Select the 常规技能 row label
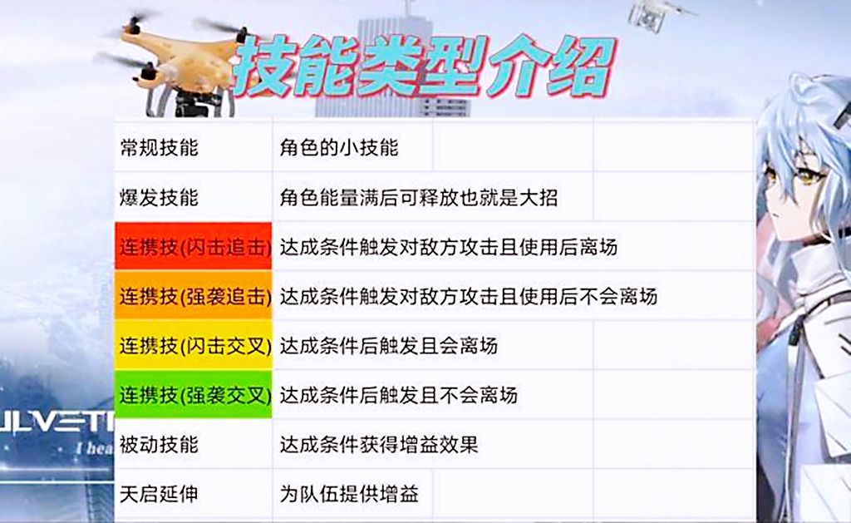tap(159, 148)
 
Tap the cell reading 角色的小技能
tap(339, 148)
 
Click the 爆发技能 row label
tap(159, 198)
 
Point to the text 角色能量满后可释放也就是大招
tap(418, 198)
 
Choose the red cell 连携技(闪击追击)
tap(194, 247)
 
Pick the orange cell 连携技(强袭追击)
tap(194, 296)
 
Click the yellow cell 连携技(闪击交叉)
tap(194, 345)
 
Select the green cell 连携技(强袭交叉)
tap(194, 394)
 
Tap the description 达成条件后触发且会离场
tap(388, 345)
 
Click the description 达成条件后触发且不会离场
tap(398, 394)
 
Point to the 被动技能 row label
tap(159, 444)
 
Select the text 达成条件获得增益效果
tap(378, 444)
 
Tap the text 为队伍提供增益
tap(349, 494)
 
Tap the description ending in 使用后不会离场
tap(468, 296)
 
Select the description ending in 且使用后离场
tap(448, 247)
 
